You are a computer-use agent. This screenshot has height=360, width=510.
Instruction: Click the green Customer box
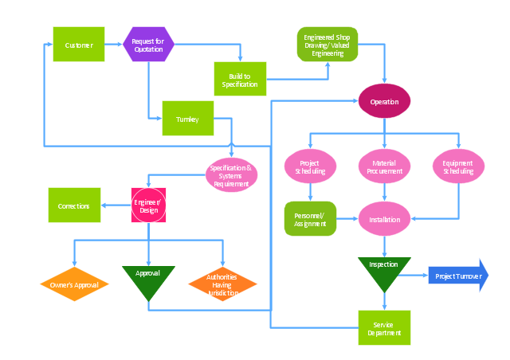point(79,45)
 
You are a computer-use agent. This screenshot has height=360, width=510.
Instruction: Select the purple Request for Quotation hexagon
point(148,45)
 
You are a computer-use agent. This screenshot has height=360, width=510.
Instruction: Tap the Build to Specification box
point(240,79)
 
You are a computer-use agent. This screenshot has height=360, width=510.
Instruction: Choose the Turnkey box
point(188,119)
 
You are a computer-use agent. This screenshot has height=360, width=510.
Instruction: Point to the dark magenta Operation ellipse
point(384,101)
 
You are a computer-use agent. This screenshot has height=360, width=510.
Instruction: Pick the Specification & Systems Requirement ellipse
point(232,175)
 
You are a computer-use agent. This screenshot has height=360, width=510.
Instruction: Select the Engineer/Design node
point(148,205)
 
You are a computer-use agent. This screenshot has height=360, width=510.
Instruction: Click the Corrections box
point(74,205)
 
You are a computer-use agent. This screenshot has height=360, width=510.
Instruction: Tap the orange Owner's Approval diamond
point(74,284)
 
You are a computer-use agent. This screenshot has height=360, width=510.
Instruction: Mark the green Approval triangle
point(148,280)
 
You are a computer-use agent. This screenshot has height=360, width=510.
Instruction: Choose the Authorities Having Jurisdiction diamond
point(222,284)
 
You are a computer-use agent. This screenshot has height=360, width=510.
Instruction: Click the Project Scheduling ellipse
point(309,166)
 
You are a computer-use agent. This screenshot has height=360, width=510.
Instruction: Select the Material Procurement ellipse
point(384,166)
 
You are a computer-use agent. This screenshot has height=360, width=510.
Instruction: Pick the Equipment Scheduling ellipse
point(458,166)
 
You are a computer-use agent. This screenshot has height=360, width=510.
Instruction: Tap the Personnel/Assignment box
point(309,218)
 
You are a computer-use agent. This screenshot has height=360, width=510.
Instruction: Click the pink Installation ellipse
point(384,218)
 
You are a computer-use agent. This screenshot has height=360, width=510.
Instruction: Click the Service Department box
point(384,327)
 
